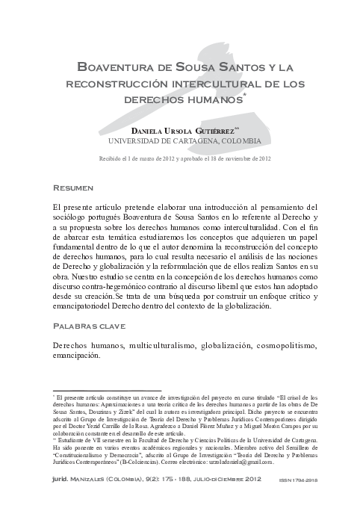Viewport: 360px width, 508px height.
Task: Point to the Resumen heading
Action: click(73, 188)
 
